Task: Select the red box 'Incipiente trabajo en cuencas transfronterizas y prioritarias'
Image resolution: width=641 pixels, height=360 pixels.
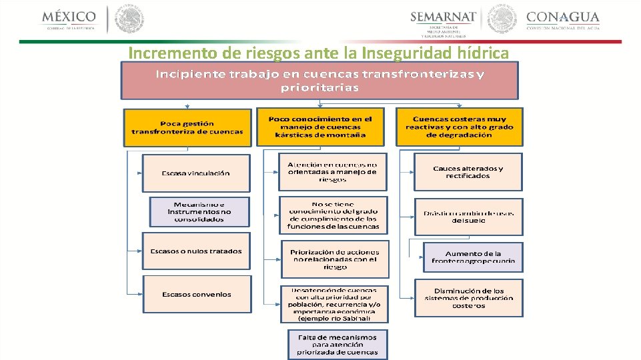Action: point(320,81)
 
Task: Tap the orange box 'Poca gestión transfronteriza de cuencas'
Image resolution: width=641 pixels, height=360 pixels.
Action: point(187,127)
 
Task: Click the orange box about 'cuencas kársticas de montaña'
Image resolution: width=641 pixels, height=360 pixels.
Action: point(320,127)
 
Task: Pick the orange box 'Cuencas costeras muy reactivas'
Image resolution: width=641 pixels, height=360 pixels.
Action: point(459,127)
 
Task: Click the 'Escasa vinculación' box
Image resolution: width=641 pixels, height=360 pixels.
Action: point(196,173)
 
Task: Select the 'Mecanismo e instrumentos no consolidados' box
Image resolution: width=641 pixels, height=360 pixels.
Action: point(199,211)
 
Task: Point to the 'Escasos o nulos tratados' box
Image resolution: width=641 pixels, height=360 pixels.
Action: point(196,251)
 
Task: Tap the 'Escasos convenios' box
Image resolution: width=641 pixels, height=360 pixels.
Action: point(197,295)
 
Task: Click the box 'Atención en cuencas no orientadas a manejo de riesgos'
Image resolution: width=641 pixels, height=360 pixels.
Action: point(332,172)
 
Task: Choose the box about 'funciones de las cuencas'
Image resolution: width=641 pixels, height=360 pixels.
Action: point(332,215)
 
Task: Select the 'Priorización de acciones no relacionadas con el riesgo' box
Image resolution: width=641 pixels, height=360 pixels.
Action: point(334,259)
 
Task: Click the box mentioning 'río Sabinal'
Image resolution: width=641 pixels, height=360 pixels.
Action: point(334,305)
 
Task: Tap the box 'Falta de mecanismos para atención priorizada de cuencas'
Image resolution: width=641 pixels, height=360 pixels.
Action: point(337,345)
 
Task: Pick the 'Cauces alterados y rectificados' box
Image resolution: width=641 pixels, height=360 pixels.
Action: point(468,172)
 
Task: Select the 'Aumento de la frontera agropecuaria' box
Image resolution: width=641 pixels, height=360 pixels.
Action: point(473,257)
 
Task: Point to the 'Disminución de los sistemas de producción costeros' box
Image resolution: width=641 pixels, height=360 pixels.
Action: point(468,298)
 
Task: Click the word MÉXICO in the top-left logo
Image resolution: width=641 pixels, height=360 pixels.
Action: point(69,16)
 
